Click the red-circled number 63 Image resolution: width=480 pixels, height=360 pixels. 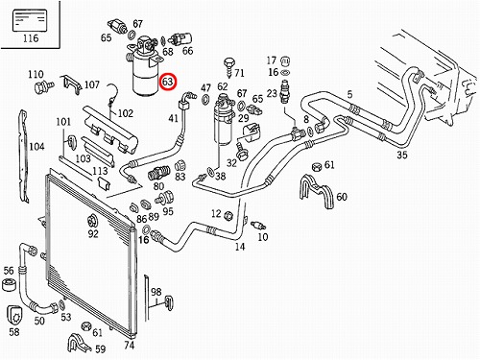pyautogui.click(x=167, y=82)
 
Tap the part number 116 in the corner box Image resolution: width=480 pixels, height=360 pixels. pyautogui.click(x=31, y=38)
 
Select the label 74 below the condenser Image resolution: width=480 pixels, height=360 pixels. pyautogui.click(x=129, y=346)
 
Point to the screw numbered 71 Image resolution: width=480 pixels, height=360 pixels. pyautogui.click(x=229, y=68)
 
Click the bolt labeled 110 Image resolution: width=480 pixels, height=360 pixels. pyautogui.click(x=43, y=86)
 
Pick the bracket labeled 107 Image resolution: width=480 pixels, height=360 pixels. pyautogui.click(x=70, y=84)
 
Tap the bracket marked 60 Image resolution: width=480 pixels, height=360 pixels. pyautogui.click(x=316, y=191)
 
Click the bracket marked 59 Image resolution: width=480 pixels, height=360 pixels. pyautogui.click(x=79, y=343)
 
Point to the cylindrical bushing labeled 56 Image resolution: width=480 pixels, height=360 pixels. pyautogui.click(x=9, y=284)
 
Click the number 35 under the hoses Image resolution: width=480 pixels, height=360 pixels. pyautogui.click(x=402, y=155)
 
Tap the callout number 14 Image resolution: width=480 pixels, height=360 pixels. pyautogui.click(x=240, y=247)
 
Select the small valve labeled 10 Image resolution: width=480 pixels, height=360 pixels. pyautogui.click(x=257, y=226)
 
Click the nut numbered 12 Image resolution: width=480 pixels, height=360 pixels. pyautogui.click(x=228, y=215)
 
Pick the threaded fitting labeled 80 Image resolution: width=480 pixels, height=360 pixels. pyautogui.click(x=159, y=173)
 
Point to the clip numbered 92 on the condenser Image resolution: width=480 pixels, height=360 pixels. pyautogui.click(x=92, y=221)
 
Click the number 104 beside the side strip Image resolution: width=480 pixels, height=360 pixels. pyautogui.click(x=36, y=147)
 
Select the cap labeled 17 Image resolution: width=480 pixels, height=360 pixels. pyautogui.click(x=285, y=60)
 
